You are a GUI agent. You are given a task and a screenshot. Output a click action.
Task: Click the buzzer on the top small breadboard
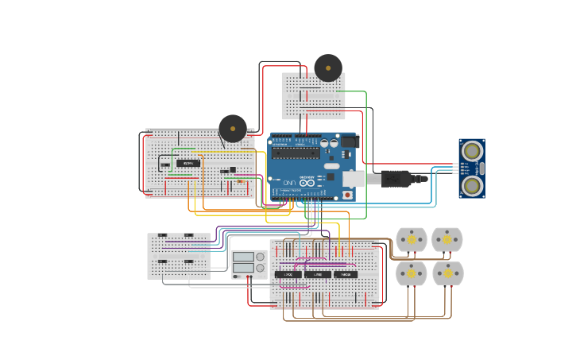(328, 68)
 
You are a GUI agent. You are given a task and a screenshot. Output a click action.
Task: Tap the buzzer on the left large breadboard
(233, 128)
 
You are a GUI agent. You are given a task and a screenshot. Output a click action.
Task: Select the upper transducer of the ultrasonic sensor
(472, 150)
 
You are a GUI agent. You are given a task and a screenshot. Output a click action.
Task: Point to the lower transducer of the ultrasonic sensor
(472, 186)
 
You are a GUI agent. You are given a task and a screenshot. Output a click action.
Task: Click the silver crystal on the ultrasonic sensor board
(481, 168)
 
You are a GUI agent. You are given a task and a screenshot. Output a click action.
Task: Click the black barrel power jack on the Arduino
(349, 142)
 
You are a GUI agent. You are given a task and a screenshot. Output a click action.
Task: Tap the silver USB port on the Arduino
(354, 179)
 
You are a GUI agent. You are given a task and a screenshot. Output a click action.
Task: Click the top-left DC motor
(412, 239)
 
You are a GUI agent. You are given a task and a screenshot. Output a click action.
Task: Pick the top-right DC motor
(446, 239)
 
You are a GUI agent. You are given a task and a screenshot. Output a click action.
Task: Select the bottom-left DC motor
(412, 273)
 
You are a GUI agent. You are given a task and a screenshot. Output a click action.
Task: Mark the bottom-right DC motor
(447, 273)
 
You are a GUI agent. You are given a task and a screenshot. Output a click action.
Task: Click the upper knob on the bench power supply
(260, 257)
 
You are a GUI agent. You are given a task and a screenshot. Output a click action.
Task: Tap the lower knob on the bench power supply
(260, 268)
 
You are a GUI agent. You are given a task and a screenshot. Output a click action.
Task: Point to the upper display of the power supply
(243, 257)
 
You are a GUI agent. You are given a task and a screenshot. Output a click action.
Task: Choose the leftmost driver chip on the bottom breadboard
(288, 274)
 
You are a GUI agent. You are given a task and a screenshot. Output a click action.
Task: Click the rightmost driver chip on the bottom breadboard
(346, 274)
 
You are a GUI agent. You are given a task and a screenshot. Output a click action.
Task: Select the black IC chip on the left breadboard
(188, 164)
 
